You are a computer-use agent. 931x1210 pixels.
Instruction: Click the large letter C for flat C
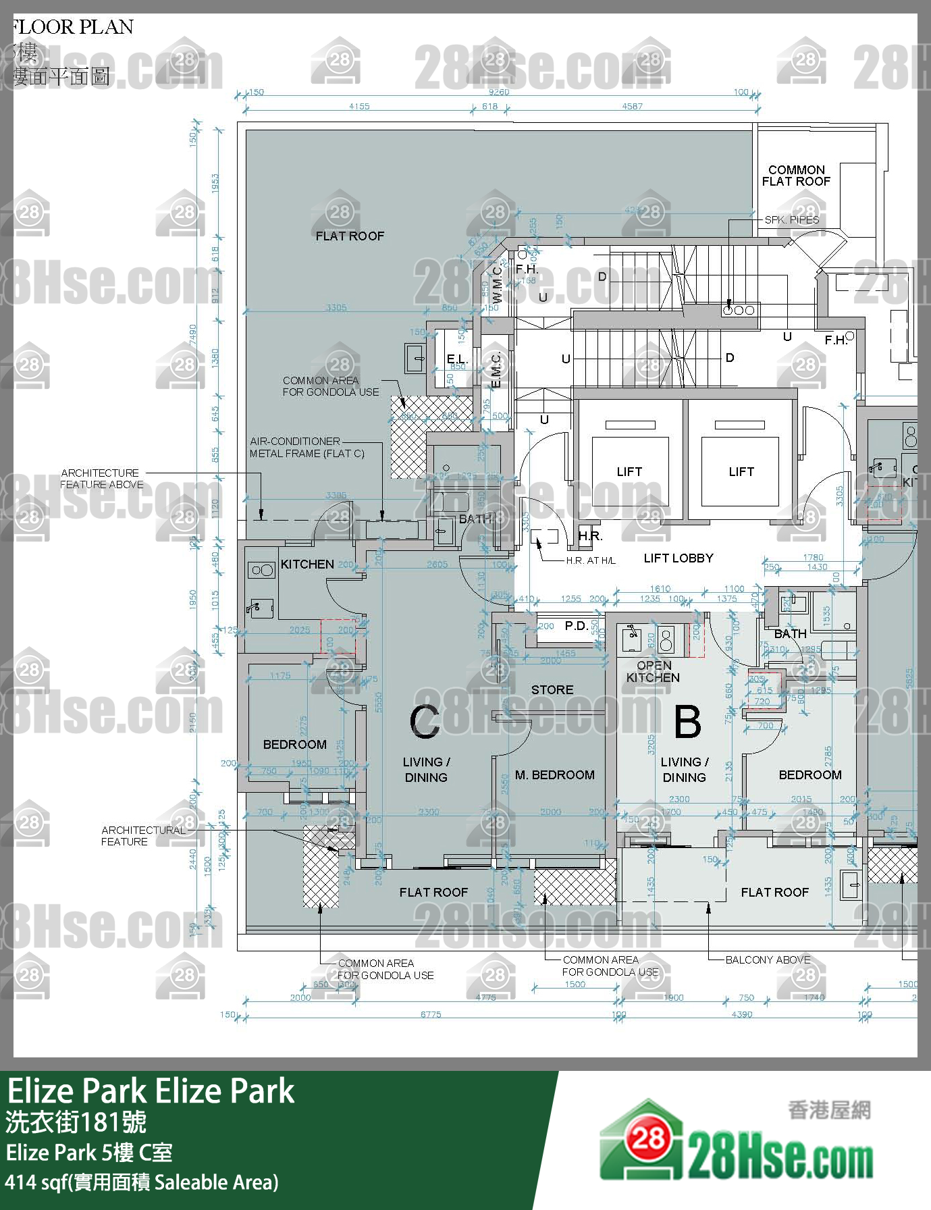[425, 721]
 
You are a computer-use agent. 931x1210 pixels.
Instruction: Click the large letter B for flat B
[687, 721]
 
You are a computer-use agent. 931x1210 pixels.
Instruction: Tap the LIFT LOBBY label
[678, 558]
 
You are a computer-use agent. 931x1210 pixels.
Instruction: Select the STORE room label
[552, 690]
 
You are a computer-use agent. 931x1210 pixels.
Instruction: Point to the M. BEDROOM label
[554, 775]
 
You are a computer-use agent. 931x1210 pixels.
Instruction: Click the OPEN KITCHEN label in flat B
[653, 671]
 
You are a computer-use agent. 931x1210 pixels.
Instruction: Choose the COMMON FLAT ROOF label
[796, 176]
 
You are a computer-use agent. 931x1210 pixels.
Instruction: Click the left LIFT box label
[629, 472]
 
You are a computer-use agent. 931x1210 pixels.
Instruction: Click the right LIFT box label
[741, 472]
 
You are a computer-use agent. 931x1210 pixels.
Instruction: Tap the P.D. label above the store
[576, 626]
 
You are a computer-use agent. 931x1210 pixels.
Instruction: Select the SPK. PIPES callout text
[791, 220]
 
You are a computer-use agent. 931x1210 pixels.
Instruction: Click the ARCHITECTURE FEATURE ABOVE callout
[101, 479]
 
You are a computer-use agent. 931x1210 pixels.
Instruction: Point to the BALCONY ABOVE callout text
[768, 959]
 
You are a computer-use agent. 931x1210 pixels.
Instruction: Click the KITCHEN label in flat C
[307, 564]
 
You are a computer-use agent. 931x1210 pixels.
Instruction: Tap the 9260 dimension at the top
[498, 92]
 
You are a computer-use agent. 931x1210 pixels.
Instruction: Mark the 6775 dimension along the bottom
[431, 1014]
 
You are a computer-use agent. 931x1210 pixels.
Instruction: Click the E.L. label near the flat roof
[456, 359]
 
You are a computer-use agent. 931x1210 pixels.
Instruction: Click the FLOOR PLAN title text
[72, 27]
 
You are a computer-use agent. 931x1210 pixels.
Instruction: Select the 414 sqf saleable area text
[142, 1183]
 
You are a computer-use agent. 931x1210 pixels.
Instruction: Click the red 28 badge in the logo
[648, 1139]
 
